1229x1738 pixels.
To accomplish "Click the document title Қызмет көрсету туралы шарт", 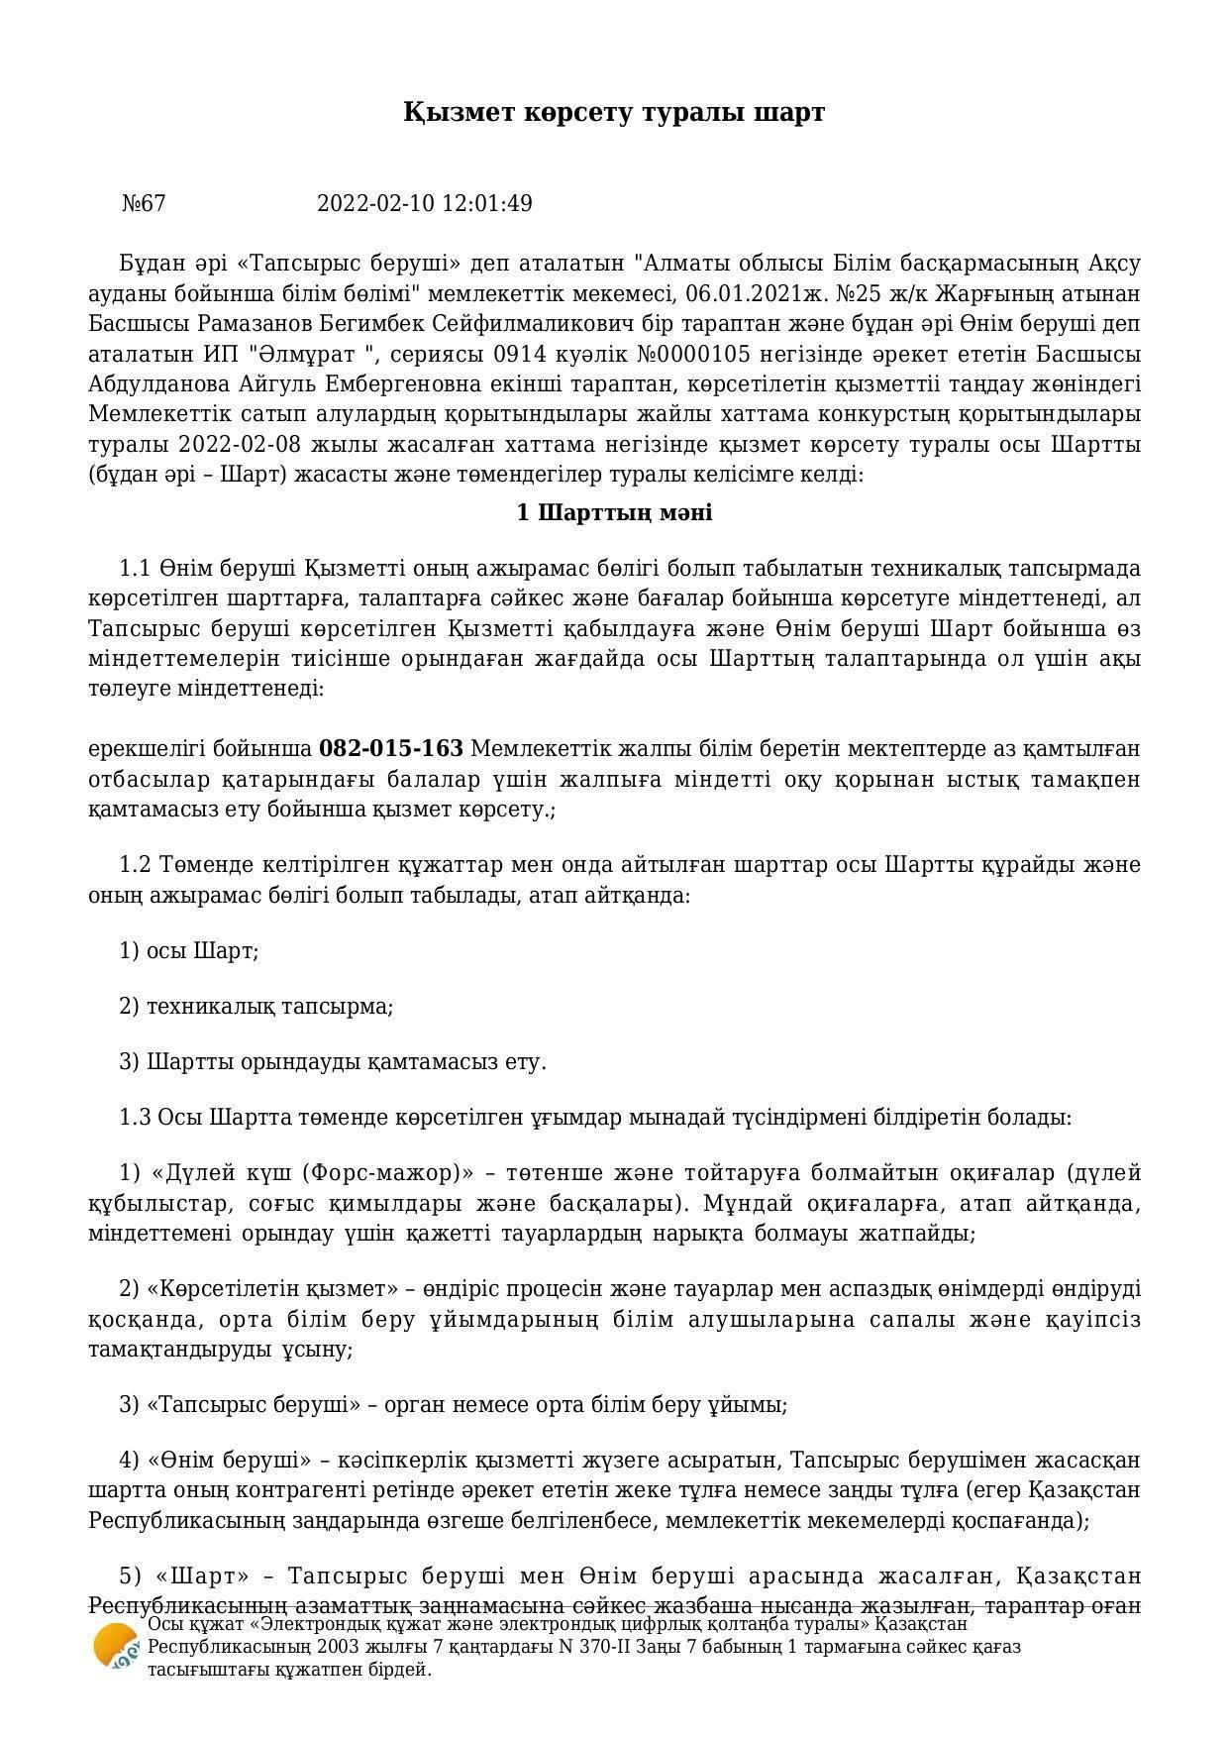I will click(614, 112).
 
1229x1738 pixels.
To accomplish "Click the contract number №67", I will click(145, 204).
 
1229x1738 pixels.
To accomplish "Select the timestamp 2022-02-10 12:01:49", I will click(424, 204).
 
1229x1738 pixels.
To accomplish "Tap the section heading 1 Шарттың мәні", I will click(614, 513).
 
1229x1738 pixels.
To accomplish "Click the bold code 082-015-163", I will click(391, 748).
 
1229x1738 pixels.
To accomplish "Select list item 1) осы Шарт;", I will click(189, 951).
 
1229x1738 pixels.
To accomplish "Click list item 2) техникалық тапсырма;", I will click(256, 1007).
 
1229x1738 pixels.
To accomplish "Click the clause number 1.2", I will click(135, 865).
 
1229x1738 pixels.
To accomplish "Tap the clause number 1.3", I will click(135, 1118).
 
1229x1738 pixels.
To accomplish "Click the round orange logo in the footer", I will click(117, 1647).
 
